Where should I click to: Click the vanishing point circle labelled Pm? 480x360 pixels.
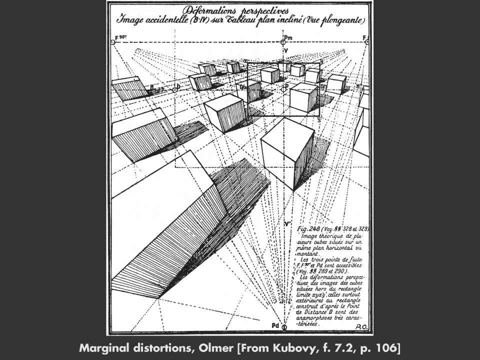click(x=284, y=42)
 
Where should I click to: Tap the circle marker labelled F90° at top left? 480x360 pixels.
click(x=113, y=42)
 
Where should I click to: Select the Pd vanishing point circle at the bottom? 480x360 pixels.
click(x=284, y=327)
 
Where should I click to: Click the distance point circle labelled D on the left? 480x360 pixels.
click(x=173, y=88)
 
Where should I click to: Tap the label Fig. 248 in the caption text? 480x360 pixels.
click(x=308, y=228)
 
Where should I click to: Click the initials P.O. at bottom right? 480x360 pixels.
click(x=362, y=325)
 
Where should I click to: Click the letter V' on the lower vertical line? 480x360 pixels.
click(x=287, y=223)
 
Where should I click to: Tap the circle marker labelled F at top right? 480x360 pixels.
click(x=366, y=42)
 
